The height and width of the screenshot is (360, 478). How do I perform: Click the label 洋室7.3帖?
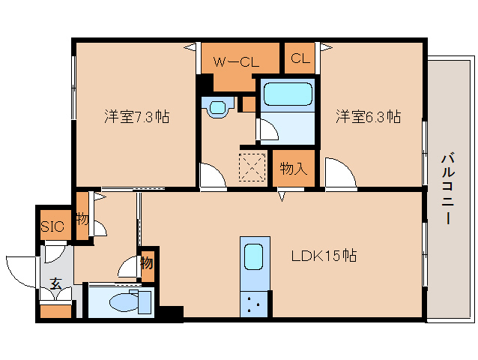pyautogui.click(x=137, y=116)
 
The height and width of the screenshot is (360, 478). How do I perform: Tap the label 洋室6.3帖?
pyautogui.click(x=369, y=116)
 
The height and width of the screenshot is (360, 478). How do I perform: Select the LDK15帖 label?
pyautogui.click(x=324, y=256)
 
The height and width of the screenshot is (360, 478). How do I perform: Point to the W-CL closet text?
pyautogui.click(x=236, y=62)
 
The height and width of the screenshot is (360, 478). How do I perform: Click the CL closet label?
pyautogui.click(x=300, y=58)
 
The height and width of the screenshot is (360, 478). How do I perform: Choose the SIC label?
pyautogui.click(x=52, y=226)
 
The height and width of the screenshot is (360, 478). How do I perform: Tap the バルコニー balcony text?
pyautogui.click(x=448, y=189)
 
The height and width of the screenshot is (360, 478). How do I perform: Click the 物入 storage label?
pyautogui.click(x=293, y=169)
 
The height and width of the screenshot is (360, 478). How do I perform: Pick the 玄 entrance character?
pyautogui.click(x=56, y=283)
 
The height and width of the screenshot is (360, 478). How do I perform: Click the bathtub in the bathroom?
pyautogui.click(x=288, y=94)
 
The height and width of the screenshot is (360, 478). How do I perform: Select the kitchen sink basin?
pyautogui.click(x=254, y=257)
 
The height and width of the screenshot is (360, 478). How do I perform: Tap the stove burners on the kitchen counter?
pyautogui.click(x=254, y=304)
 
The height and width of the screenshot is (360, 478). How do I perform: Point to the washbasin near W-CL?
pyautogui.click(x=218, y=107)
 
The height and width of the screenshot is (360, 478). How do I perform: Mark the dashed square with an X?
pyautogui.click(x=252, y=167)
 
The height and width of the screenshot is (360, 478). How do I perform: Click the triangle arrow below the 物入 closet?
pyautogui.click(x=282, y=196)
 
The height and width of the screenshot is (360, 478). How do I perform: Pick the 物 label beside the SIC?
pyautogui.click(x=82, y=218)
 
